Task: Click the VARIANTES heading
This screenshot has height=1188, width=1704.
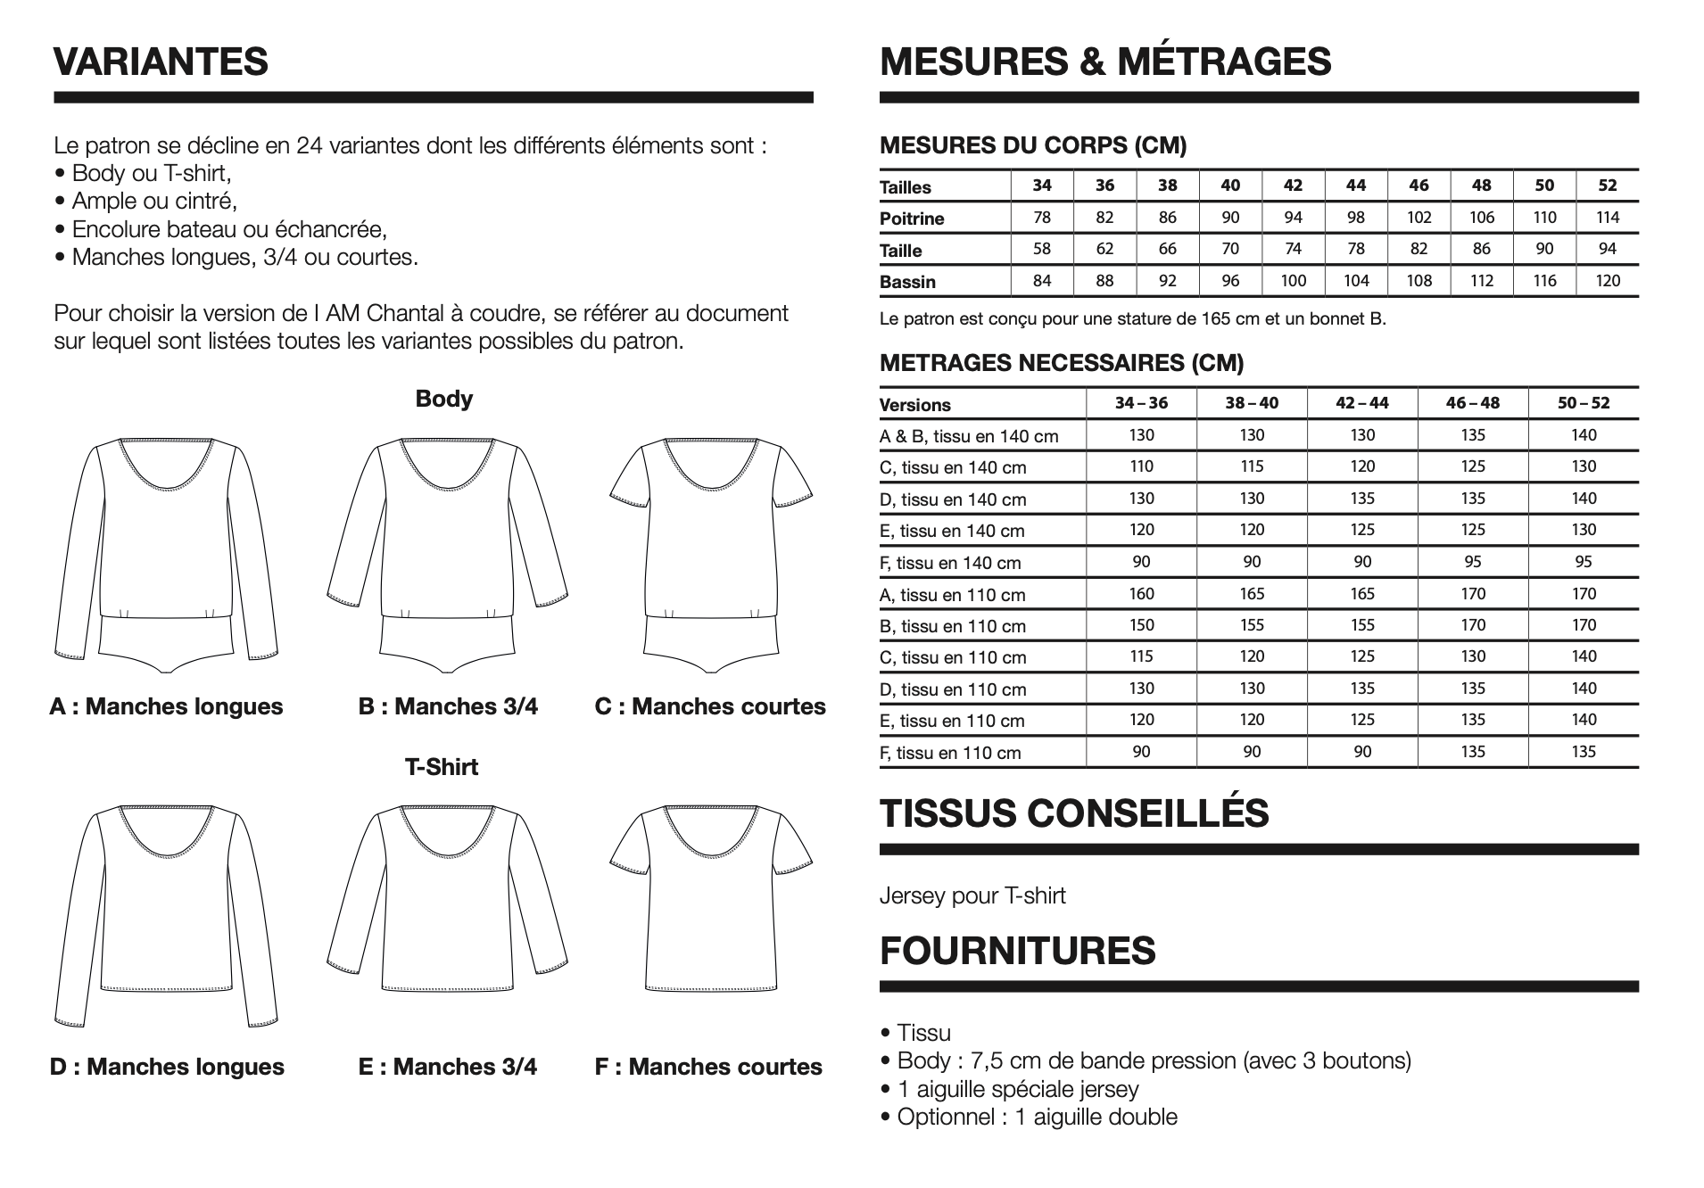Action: point(161,62)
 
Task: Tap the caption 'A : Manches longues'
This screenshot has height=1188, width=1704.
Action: point(166,706)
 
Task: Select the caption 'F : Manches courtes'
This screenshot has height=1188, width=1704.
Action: point(708,1067)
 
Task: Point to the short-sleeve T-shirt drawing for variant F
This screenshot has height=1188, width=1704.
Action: point(711,901)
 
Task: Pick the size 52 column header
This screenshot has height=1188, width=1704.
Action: point(1607,186)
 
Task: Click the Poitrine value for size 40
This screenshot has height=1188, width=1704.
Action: point(1230,218)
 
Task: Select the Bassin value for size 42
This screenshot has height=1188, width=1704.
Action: point(1293,281)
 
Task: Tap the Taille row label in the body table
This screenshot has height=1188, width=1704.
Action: point(901,251)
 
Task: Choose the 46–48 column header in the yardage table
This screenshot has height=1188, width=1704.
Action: point(1473,403)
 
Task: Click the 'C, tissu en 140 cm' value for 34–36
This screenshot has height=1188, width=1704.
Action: point(1141,466)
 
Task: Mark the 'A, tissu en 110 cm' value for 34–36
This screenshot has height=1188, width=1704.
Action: point(1141,594)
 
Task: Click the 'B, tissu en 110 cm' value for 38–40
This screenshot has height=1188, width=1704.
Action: point(1252,625)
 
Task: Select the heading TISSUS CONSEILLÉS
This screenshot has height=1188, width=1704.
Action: point(1074,813)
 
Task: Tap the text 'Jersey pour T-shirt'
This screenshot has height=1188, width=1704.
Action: point(972,895)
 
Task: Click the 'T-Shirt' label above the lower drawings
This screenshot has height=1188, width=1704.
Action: point(442,767)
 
